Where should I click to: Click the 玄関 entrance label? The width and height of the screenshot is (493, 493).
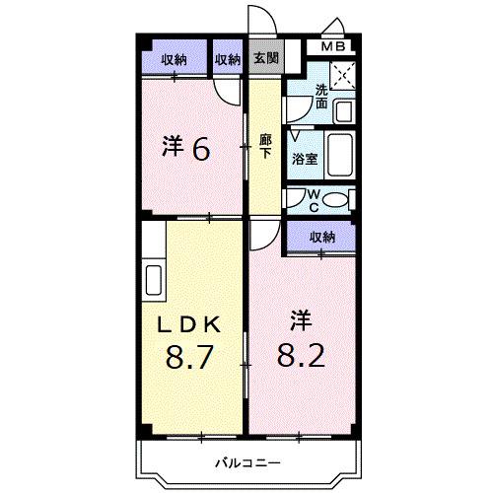tap(264, 59)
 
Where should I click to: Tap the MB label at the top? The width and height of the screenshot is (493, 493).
tap(330, 45)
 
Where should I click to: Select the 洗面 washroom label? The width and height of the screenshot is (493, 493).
tap(321, 96)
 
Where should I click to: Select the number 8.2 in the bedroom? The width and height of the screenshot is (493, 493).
tap(301, 353)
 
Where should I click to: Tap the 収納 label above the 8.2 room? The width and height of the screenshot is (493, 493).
tap(321, 237)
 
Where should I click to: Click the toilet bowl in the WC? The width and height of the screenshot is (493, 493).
tap(334, 201)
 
